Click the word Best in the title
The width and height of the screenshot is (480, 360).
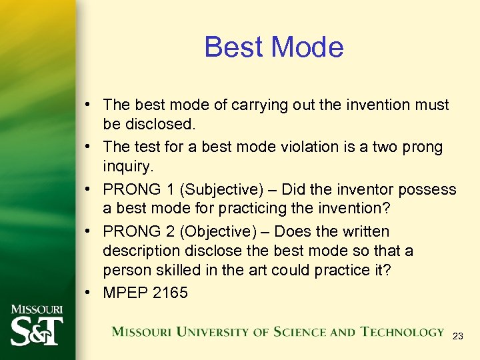pos(227,47)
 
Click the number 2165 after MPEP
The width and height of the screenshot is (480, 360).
pos(170,293)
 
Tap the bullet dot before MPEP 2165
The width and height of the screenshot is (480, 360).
pos(88,293)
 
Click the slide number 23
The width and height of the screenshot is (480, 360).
pos(457,337)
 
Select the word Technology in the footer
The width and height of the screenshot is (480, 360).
pos(402,331)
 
